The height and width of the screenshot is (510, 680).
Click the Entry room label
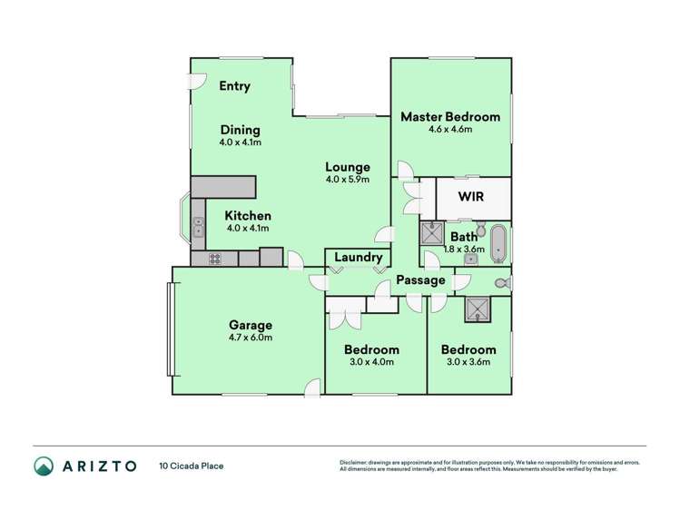(x=234, y=86)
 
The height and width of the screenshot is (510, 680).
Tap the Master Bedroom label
(x=450, y=116)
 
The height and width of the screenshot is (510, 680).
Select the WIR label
(x=470, y=196)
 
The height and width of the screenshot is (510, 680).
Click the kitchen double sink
(x=198, y=227)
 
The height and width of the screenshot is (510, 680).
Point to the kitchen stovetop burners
(x=215, y=259)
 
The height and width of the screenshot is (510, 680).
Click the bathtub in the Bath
(x=498, y=243)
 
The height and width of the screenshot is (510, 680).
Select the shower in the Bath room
(x=432, y=233)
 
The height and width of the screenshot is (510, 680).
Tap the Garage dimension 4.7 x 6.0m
(x=251, y=338)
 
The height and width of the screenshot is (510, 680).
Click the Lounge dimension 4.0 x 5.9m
(x=348, y=180)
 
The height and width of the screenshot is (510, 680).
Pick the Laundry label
(x=359, y=258)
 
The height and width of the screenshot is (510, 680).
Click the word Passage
(x=420, y=280)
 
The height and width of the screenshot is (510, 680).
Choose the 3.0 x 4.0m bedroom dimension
(x=371, y=362)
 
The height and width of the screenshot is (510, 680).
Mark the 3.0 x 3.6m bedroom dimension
(x=468, y=362)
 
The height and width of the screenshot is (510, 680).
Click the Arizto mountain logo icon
(x=44, y=466)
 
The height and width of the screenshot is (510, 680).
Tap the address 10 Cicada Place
(x=192, y=466)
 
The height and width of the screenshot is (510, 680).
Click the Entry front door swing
(x=196, y=81)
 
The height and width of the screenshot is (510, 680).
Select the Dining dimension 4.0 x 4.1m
(x=241, y=142)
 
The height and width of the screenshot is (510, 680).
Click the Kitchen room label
(x=248, y=216)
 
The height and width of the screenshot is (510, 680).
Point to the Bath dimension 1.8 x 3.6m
(x=464, y=250)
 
